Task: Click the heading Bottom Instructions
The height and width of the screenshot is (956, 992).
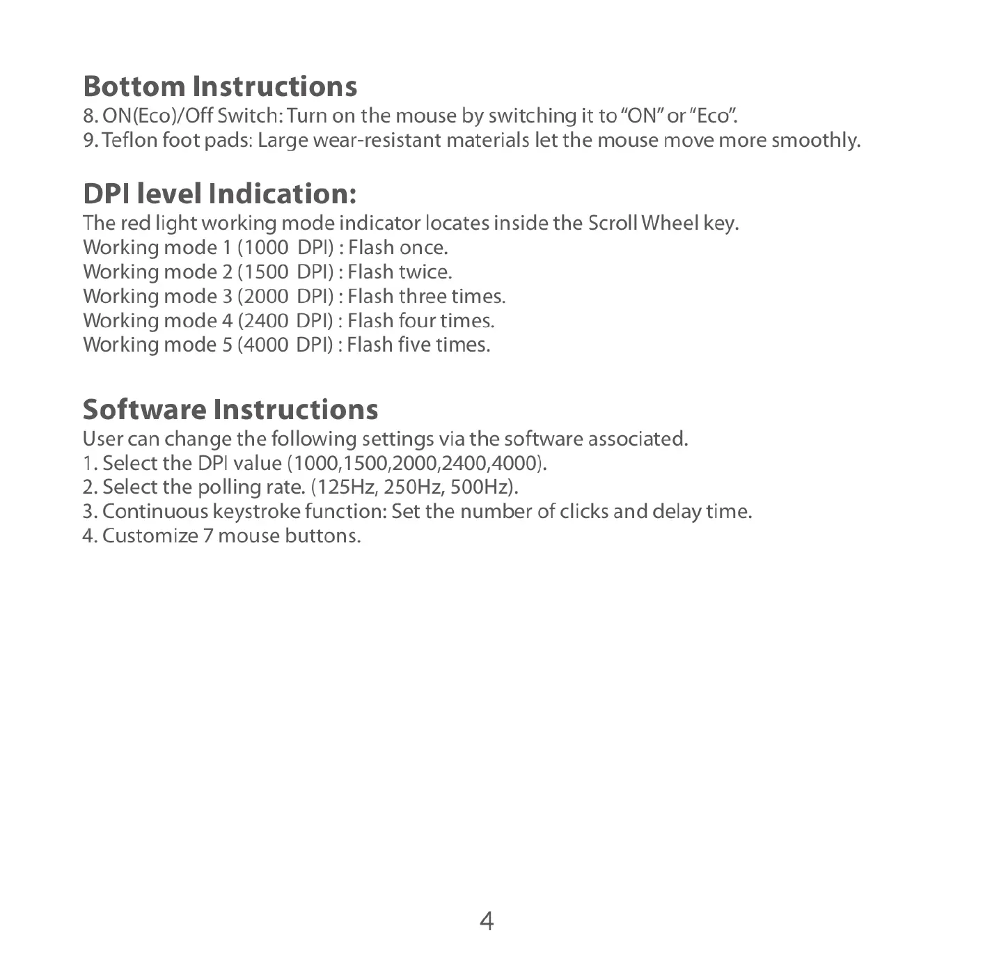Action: [x=220, y=87]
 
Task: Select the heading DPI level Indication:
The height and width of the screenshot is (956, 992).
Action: [x=220, y=194]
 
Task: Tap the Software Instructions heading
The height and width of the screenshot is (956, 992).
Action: [x=230, y=409]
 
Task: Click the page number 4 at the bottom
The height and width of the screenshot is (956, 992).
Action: [x=487, y=921]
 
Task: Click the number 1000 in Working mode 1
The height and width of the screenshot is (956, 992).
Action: [x=267, y=248]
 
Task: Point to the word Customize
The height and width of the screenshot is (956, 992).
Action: [x=150, y=536]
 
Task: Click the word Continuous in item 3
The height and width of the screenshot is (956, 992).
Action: [x=155, y=512]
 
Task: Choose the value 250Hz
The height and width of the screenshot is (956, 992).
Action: [x=414, y=487]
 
